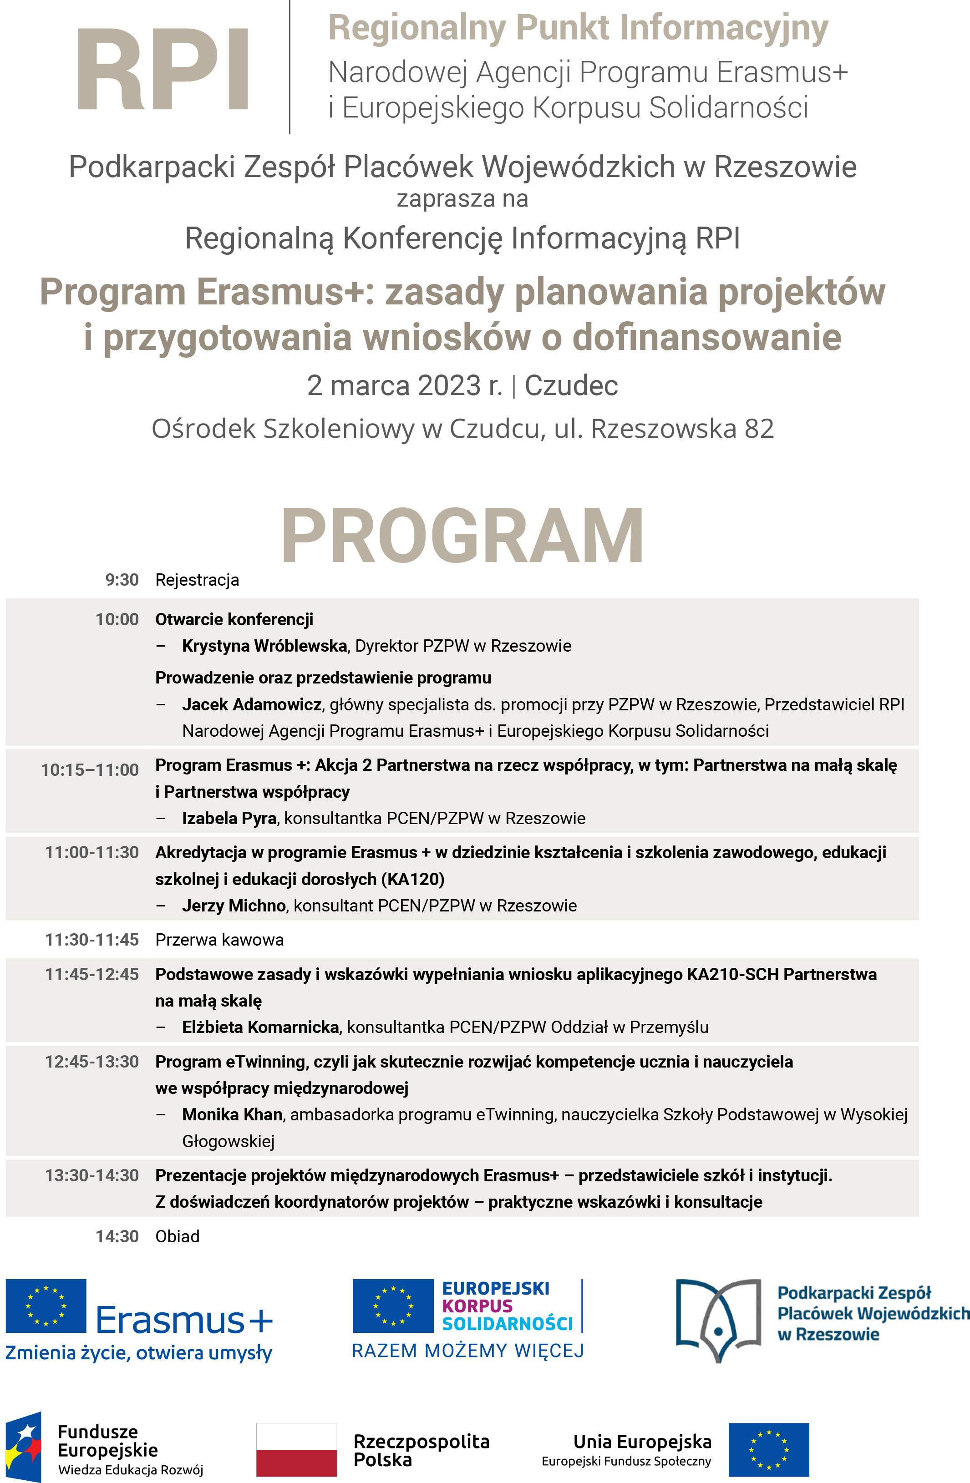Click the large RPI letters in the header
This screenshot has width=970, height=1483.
[x=162, y=70]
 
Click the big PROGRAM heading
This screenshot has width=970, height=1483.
[x=462, y=537]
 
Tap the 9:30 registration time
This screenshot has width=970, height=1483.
[x=122, y=580]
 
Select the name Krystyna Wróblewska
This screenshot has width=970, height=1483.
[x=264, y=646]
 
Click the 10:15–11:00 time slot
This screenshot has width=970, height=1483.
[x=90, y=770]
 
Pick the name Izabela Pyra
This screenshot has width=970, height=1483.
[x=229, y=819]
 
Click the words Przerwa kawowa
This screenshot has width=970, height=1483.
[x=219, y=940]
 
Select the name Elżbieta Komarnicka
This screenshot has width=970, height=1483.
[x=260, y=1027]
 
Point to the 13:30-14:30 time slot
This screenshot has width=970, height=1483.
[x=91, y=1176]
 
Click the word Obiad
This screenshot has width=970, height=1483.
[x=178, y=1237]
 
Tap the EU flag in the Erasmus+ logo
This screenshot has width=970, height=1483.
[x=46, y=1306]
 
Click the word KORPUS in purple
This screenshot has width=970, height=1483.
[x=477, y=1306]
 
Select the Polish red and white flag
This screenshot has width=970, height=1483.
[x=297, y=1449]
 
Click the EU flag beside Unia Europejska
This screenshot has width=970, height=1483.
[x=769, y=1449]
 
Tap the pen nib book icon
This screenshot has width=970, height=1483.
[x=718, y=1320]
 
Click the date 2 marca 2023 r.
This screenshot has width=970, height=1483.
[x=404, y=386]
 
